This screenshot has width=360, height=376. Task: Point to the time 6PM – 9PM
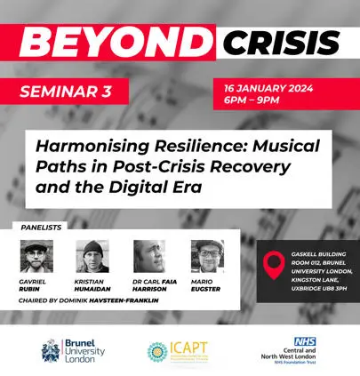tap(266, 102)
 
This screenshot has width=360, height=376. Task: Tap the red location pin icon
tap(276, 264)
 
